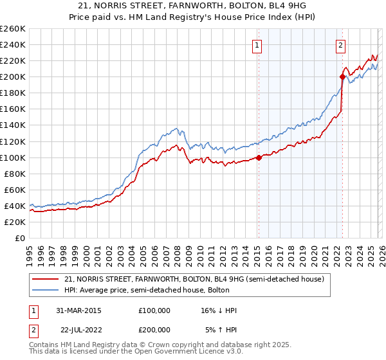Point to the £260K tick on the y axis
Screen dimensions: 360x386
tap(13, 29)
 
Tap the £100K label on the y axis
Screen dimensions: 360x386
tap(13, 157)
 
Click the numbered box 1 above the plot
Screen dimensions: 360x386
tap(257, 45)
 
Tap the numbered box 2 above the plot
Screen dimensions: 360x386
tap(340, 45)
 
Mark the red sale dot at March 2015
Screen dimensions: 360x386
tap(259, 157)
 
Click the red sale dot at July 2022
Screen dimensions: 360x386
tap(342, 76)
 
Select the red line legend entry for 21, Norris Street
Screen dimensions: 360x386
tap(198, 279)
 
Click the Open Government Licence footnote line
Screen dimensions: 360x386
tap(122, 353)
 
